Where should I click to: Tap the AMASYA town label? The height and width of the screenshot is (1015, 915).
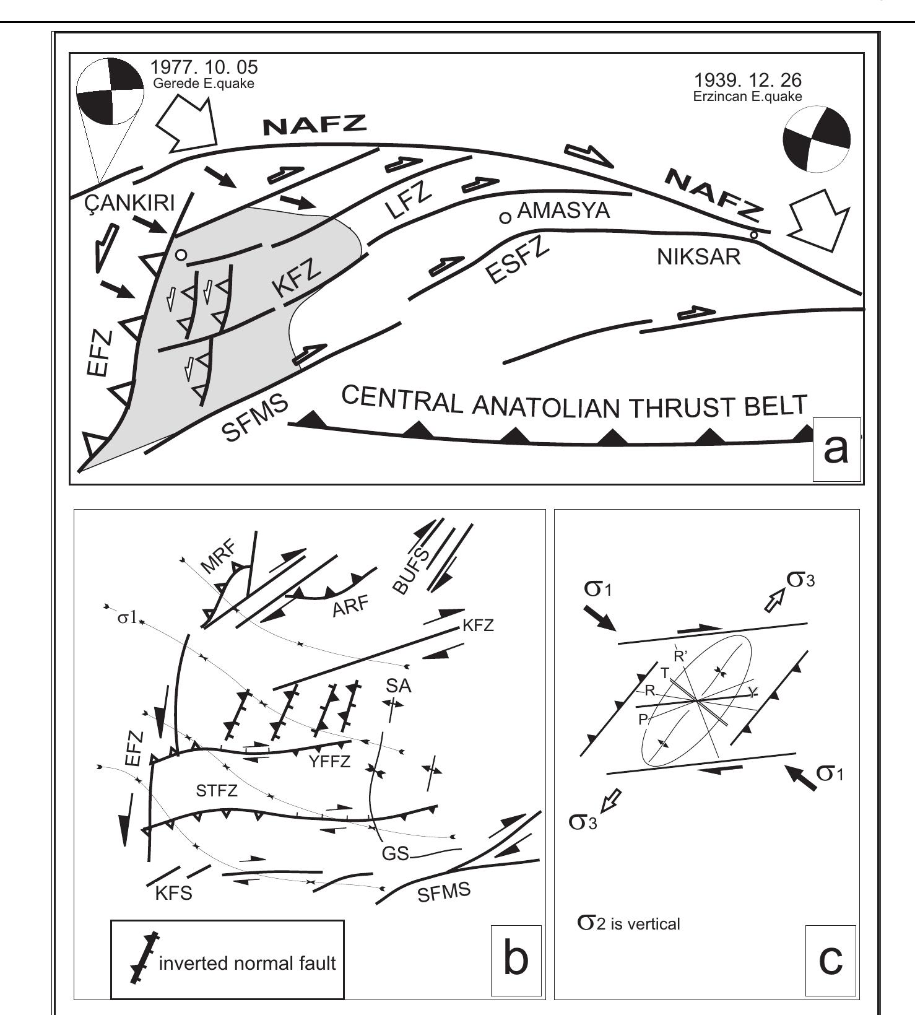563,211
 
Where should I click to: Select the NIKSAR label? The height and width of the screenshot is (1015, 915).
698,256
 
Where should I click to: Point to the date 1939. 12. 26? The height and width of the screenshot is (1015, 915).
747,81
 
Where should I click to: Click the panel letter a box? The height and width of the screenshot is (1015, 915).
836,450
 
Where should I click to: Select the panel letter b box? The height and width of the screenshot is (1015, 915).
516,959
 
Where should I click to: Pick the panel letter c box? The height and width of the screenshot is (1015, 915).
830,959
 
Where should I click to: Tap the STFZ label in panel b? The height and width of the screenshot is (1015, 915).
217,791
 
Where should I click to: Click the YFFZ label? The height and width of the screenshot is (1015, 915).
329,762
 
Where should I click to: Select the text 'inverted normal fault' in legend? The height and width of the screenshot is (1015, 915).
247,964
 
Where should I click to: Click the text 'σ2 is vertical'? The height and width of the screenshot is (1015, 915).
628,923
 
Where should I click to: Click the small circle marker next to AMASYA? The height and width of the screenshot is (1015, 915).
506,217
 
